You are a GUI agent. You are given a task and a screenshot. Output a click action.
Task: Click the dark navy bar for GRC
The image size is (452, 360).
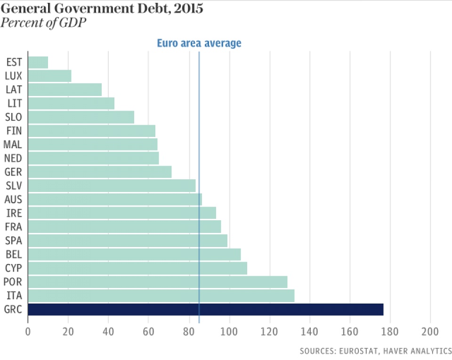[x=205, y=310]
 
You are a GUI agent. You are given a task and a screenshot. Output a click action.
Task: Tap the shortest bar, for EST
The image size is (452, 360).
[x=38, y=62]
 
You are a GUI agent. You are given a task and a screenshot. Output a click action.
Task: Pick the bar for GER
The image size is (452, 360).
[x=100, y=172]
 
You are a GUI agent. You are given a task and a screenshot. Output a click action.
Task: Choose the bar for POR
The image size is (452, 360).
[x=158, y=282]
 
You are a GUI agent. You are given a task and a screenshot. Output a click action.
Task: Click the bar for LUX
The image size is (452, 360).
[x=49, y=76]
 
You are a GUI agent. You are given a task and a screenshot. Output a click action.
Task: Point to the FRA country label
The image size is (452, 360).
[x=14, y=227]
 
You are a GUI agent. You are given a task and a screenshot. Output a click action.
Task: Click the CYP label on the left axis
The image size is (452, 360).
[x=14, y=269]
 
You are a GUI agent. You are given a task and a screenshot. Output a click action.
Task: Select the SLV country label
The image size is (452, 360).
[x=14, y=186]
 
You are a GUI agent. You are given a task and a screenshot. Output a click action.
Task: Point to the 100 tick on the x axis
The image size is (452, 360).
[x=229, y=331]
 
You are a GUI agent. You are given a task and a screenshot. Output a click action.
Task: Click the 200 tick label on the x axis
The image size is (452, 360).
[x=430, y=331]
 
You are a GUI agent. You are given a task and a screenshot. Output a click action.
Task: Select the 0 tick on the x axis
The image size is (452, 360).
[x=28, y=331]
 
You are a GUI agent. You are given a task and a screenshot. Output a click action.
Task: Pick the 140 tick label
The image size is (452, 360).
[x=310, y=331]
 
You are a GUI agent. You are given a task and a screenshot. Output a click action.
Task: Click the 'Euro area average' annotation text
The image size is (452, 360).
[x=199, y=43]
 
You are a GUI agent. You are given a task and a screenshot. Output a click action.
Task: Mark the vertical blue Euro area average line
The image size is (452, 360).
[x=199, y=118]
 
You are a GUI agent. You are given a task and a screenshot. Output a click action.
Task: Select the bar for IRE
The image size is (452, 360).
[x=122, y=213]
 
